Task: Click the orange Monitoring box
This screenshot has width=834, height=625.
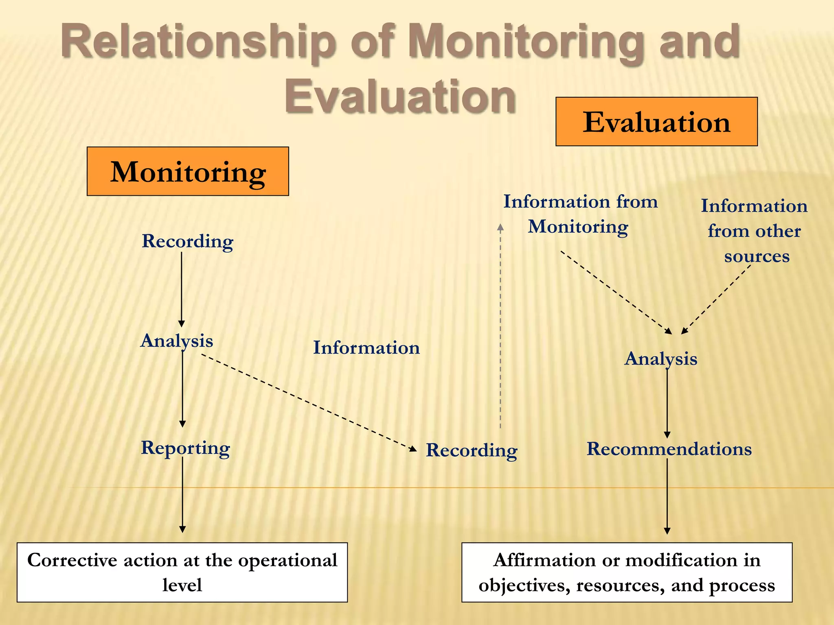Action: click(x=188, y=171)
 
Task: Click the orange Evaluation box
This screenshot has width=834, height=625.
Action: click(x=656, y=122)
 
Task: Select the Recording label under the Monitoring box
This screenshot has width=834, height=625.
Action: click(x=187, y=241)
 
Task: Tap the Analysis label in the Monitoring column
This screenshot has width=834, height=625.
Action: click(x=177, y=341)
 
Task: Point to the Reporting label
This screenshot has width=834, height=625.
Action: click(x=185, y=448)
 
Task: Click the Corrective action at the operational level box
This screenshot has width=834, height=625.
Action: click(x=182, y=572)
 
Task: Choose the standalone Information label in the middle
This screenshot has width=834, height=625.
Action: click(x=366, y=348)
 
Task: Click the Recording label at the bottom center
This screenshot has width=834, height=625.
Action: click(x=472, y=450)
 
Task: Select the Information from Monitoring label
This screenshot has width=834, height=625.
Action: click(x=580, y=214)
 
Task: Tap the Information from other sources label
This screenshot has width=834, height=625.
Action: click(x=755, y=231)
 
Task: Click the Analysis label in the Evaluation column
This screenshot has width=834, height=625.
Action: click(x=661, y=359)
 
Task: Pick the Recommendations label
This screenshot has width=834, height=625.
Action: click(x=669, y=449)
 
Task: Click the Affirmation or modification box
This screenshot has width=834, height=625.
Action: click(x=627, y=572)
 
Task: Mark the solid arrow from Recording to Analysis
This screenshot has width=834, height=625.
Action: click(x=182, y=289)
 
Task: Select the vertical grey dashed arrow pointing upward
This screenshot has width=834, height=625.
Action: click(x=500, y=326)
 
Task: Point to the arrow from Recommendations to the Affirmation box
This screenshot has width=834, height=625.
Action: click(x=667, y=496)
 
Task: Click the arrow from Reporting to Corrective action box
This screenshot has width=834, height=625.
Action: click(x=182, y=494)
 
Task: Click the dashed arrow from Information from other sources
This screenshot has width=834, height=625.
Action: click(x=717, y=299)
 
